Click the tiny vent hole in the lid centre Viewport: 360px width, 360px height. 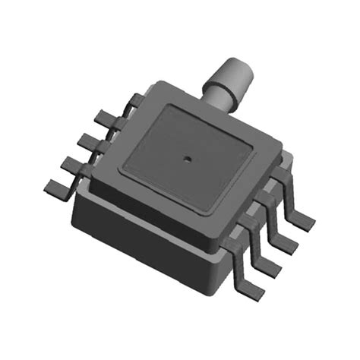185,159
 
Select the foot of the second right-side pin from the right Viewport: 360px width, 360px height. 286,244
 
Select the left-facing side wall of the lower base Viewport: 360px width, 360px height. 137,228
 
